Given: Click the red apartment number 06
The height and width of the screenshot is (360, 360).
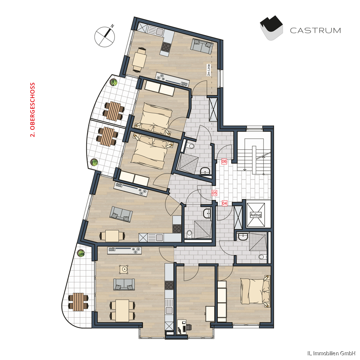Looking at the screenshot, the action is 224,161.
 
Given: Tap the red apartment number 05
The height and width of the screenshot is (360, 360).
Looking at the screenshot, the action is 214,193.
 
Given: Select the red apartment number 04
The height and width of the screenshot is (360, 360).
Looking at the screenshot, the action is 225,203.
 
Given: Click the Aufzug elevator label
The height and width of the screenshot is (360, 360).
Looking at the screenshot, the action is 256,215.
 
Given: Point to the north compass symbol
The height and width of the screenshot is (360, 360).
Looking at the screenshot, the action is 105,36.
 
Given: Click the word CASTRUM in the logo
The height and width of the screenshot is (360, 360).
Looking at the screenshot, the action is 315,31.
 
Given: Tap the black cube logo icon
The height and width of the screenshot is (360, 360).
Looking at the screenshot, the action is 271,28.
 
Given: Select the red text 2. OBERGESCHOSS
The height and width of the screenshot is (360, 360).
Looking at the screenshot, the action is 33,110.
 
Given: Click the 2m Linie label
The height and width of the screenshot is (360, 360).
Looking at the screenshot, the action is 208,70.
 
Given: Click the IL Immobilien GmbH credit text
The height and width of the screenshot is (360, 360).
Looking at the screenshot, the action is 331,354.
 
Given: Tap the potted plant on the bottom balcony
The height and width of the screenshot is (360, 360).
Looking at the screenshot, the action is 81,253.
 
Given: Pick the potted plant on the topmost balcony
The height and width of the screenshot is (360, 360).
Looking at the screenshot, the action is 113,82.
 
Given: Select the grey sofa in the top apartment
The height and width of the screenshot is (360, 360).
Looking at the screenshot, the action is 202,45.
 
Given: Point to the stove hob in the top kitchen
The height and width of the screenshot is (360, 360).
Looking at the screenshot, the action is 166,47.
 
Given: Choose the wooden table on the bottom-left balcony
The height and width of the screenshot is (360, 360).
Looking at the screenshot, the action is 78,302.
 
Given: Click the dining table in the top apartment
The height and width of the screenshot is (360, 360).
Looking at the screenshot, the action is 139,59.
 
